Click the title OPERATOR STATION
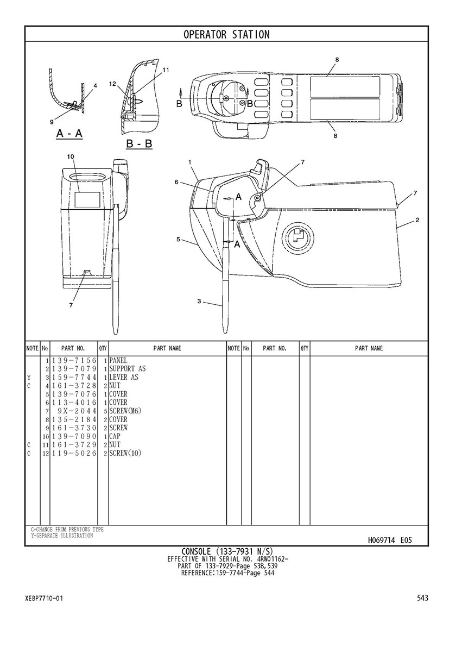(x=226, y=35)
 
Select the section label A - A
(x=69, y=134)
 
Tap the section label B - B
(x=139, y=143)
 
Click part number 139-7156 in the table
(x=74, y=360)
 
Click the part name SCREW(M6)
(x=125, y=411)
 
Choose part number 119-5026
(x=74, y=453)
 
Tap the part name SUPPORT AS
(x=128, y=369)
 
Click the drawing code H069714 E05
(x=390, y=540)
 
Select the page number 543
(x=423, y=598)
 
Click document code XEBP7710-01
(x=44, y=598)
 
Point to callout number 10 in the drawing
(x=71, y=156)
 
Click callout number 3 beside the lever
(x=199, y=301)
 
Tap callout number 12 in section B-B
(x=112, y=84)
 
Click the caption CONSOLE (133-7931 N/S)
(x=227, y=551)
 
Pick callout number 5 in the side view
(x=178, y=239)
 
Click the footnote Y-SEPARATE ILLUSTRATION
(x=61, y=536)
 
